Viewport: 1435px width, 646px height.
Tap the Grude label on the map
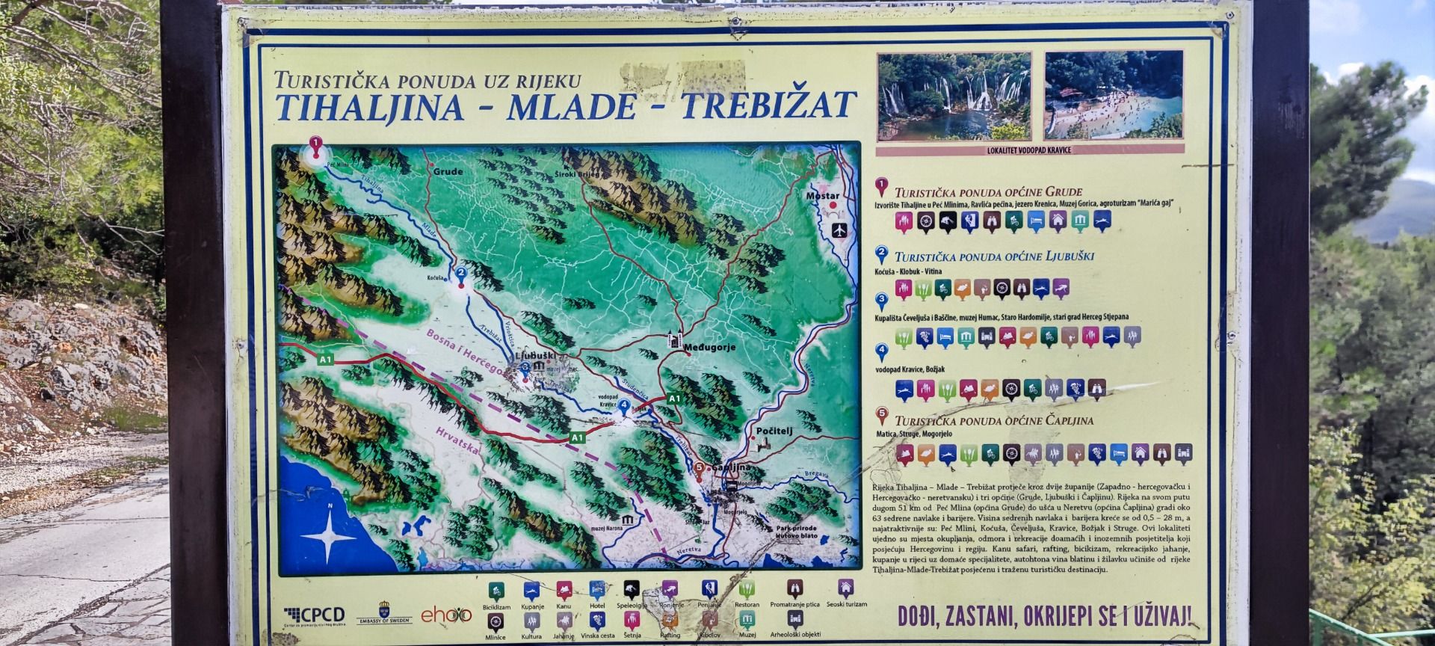[x=448, y=171]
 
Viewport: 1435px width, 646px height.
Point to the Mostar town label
[x=822, y=196]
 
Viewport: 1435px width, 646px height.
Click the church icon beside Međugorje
[x=676, y=340]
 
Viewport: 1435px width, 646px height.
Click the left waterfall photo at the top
[x=954, y=95]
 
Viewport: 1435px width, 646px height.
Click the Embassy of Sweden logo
[x=384, y=612]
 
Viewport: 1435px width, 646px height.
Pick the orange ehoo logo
[x=446, y=615]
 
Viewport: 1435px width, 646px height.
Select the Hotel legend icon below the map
[x=596, y=591]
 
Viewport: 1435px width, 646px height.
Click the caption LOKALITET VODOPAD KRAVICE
[x=1029, y=150]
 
